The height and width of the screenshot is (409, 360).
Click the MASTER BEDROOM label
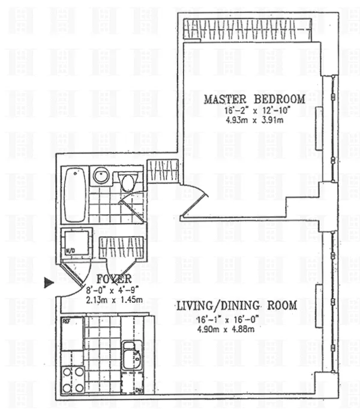click(x=254, y=99)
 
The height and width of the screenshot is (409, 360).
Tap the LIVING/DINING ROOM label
click(x=236, y=305)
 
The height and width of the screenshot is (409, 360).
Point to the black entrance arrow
click(x=49, y=283)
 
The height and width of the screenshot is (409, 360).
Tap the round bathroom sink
click(x=100, y=176)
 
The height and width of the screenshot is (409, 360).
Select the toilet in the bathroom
click(x=127, y=181)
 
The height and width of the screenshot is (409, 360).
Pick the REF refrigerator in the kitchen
click(x=71, y=333)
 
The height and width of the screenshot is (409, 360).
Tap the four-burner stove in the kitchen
click(x=72, y=379)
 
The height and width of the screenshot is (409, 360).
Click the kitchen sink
click(x=131, y=355)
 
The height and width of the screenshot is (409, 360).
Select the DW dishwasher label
click(x=139, y=390)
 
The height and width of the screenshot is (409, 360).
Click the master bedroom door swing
click(x=194, y=201)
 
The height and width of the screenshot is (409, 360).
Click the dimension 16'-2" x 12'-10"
click(x=254, y=110)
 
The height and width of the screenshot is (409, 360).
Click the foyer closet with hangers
click(x=122, y=247)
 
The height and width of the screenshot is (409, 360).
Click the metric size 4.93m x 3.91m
click(x=254, y=120)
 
